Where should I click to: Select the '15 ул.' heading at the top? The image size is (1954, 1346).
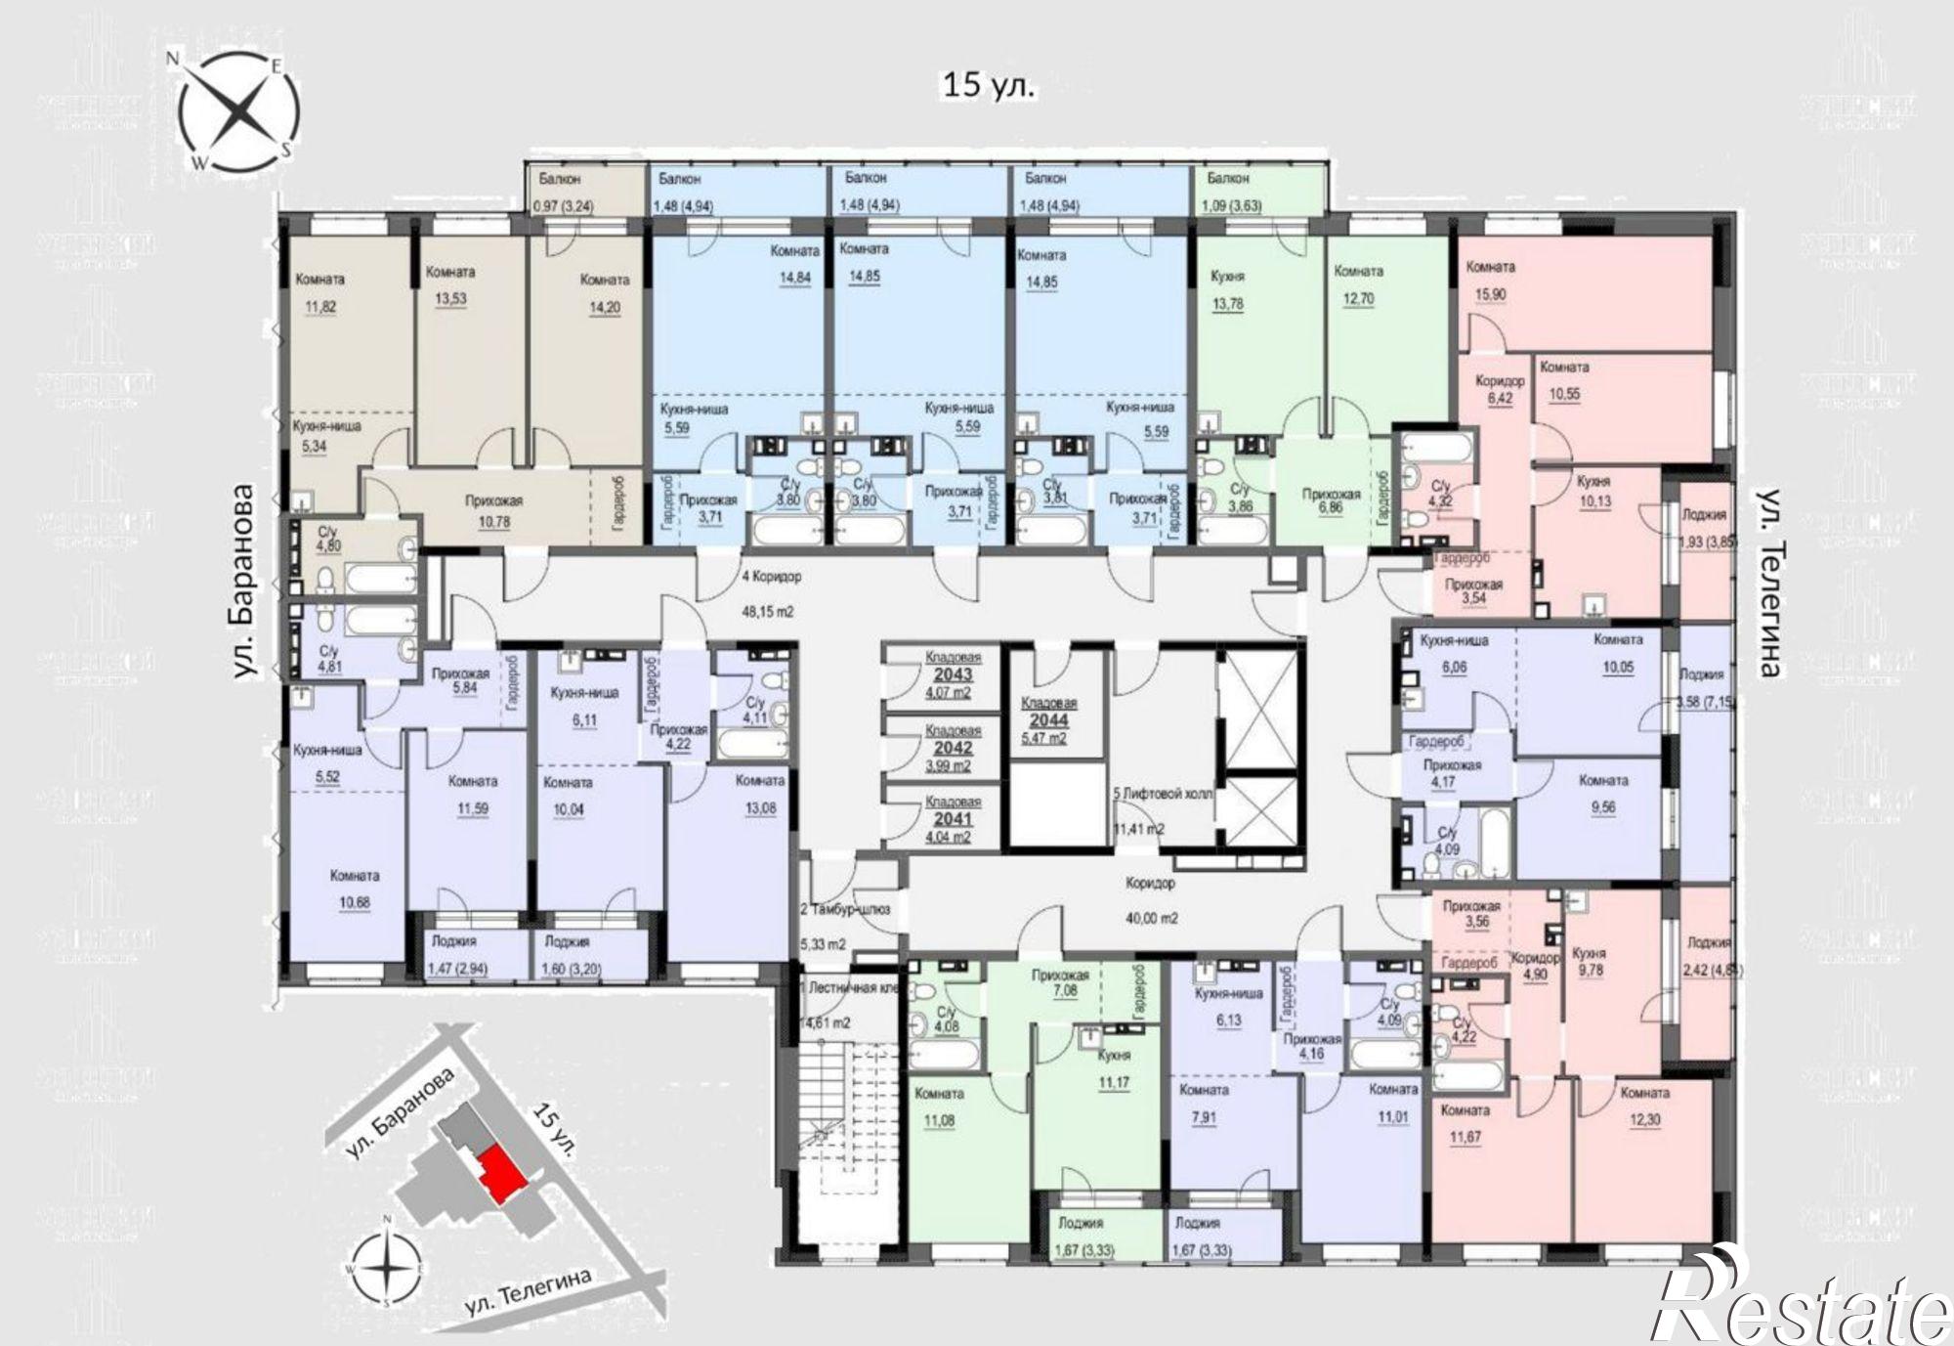(x=988, y=86)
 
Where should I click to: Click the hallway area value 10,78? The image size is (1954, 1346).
(x=494, y=522)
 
